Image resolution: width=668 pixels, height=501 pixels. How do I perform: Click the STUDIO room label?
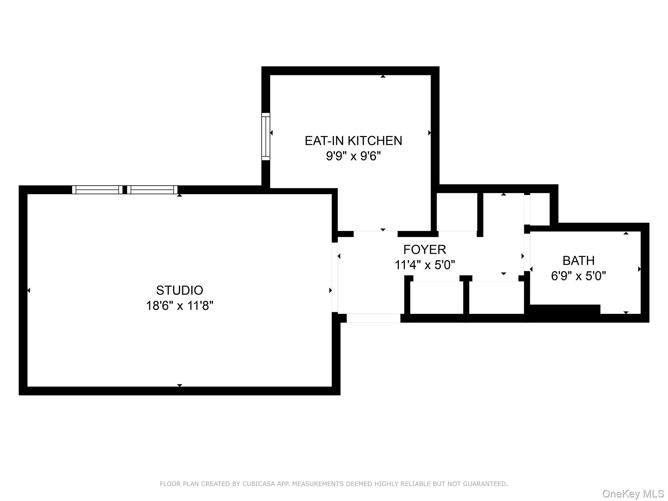[x=179, y=290]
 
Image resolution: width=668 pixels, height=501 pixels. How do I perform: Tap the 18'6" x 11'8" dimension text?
[x=179, y=306]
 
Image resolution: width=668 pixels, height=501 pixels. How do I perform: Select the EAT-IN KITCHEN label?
[x=353, y=141]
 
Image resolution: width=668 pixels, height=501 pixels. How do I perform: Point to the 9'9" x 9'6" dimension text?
[x=353, y=156]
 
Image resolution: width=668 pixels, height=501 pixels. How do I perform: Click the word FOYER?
[x=424, y=250]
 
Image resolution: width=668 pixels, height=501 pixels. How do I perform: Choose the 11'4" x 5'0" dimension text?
[x=424, y=265]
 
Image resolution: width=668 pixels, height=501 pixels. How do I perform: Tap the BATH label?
[x=578, y=261]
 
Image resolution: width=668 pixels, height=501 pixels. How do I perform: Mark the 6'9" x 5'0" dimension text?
[x=578, y=276]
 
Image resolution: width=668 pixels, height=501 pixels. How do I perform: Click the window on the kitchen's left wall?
[x=266, y=137]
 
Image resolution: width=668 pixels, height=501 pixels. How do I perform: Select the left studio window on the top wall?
[x=97, y=190]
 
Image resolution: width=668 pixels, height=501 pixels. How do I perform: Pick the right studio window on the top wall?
[x=152, y=190]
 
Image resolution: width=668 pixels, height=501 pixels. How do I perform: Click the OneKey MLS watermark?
[x=633, y=493]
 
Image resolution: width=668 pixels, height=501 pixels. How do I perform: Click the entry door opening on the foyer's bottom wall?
[x=373, y=318]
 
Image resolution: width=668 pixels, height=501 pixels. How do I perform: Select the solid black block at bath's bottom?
[x=565, y=309]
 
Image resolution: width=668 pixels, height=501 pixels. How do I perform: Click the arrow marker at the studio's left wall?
[x=29, y=290]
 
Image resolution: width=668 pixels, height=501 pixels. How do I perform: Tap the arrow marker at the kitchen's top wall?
[x=383, y=76]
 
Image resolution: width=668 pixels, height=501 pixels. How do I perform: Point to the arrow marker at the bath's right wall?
[x=639, y=269]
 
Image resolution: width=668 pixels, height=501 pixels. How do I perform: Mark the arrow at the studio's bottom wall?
[x=179, y=385]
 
